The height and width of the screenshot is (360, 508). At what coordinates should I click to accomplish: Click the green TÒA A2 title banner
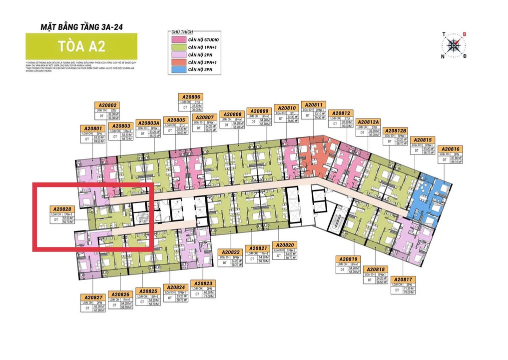pyautogui.click(x=81, y=46)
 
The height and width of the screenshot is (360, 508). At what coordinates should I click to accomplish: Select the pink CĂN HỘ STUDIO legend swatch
pyautogui.click(x=177, y=39)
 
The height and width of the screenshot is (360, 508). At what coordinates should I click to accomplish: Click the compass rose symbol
pyautogui.click(x=454, y=45)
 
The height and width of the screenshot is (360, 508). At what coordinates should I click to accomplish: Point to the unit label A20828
pyautogui.click(x=63, y=208)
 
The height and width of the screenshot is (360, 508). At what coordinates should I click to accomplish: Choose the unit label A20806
pyautogui.click(x=191, y=97)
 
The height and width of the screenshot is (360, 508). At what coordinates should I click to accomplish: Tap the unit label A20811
pyautogui.click(x=315, y=105)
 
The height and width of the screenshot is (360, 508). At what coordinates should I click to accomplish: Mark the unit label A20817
pyautogui.click(x=402, y=279)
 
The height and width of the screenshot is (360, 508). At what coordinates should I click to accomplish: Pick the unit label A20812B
pyautogui.click(x=396, y=131)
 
